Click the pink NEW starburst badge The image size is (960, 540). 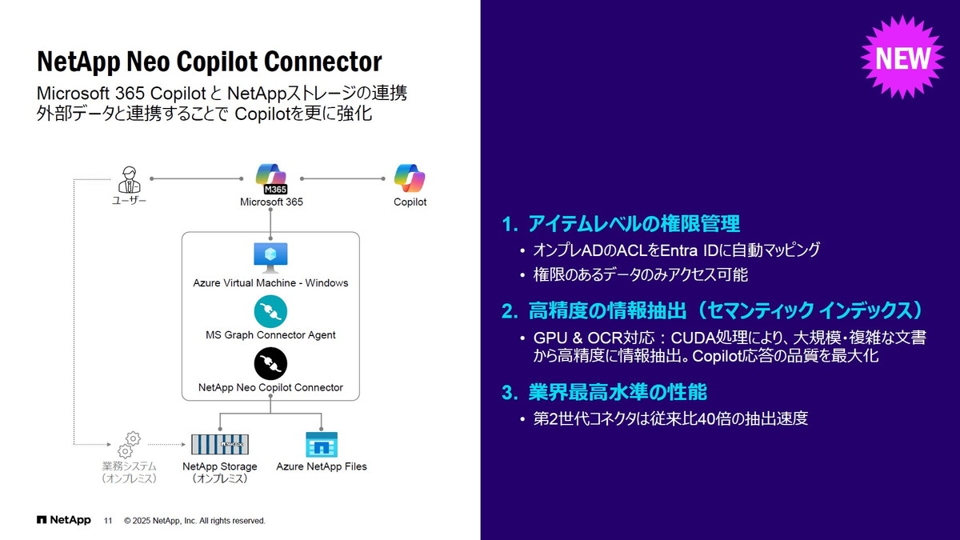pos(902,58)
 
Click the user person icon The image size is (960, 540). pos(129,178)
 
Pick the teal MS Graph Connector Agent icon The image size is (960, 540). pos(270,311)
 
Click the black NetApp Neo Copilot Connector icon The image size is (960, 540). pos(270,363)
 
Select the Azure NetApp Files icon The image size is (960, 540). pos(322,444)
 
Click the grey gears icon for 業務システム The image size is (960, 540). pos(130,444)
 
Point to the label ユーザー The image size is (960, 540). pos(129,202)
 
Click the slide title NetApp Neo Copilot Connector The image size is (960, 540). pos(210,62)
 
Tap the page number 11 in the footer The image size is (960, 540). pos(108,521)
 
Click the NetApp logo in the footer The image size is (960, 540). pos(64,520)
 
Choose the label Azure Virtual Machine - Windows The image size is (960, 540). pos(270,282)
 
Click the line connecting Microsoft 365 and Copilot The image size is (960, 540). pos(342,178)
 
